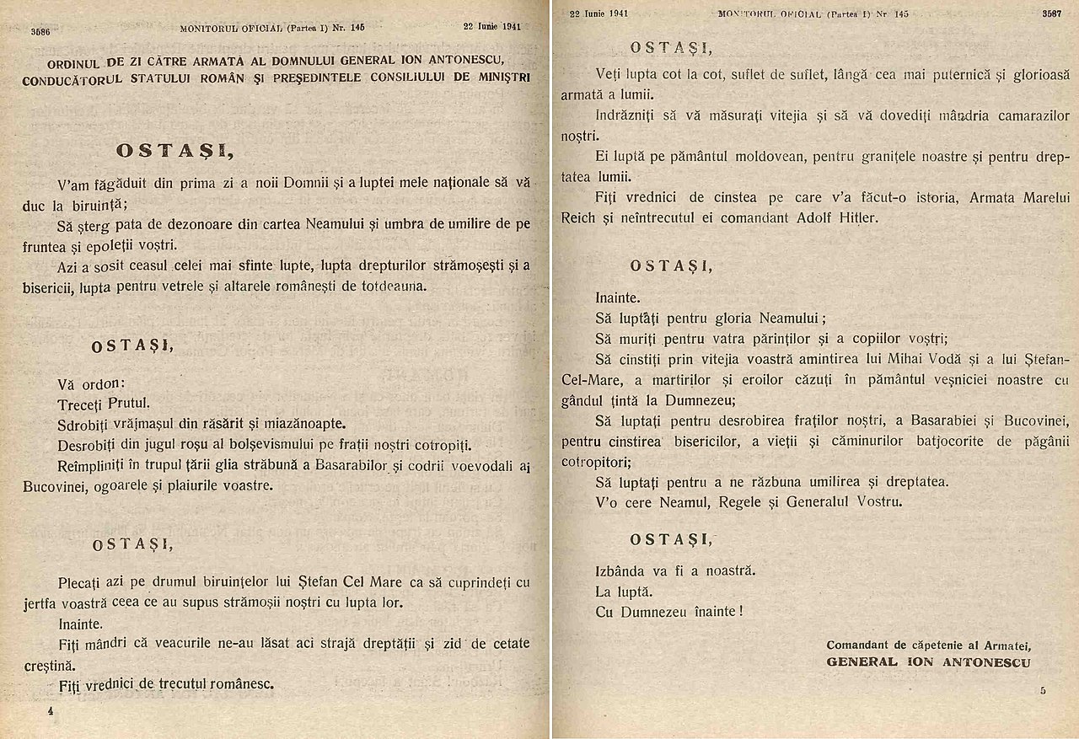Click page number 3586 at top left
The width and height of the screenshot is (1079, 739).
[40, 31]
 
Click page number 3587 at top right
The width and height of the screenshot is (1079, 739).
[1051, 14]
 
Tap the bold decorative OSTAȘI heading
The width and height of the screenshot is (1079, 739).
[175, 151]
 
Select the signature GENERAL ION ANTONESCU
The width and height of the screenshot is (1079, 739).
[928, 662]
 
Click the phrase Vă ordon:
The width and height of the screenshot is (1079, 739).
[91, 383]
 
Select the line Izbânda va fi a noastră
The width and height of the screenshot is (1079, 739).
[674, 570]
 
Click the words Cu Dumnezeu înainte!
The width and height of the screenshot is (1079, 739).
[669, 612]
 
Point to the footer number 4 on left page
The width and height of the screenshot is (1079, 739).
[51, 711]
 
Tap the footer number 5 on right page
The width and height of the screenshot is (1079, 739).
[1043, 691]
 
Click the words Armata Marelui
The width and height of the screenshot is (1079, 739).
[1008, 197]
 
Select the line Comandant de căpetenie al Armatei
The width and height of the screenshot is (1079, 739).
[929, 645]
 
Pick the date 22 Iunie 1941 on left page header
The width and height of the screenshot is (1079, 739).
[491, 26]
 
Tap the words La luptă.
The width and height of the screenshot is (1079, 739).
[624, 591]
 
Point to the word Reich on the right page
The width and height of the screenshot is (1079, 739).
[579, 217]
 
